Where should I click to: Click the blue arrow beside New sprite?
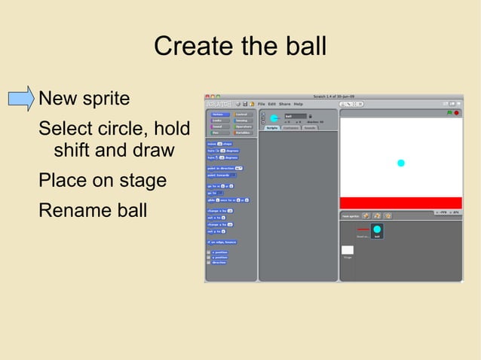pyautogui.click(x=21, y=99)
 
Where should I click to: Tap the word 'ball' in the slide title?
pyautogui.click(x=306, y=47)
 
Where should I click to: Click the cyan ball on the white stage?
pyautogui.click(x=401, y=163)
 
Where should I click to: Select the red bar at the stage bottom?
pyautogui.click(x=400, y=203)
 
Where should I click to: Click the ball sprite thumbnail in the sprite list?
pyautogui.click(x=376, y=230)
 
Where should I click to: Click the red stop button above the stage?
pyautogui.click(x=456, y=113)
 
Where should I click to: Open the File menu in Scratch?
pyautogui.click(x=262, y=104)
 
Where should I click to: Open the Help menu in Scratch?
pyautogui.click(x=299, y=104)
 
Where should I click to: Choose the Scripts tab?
pyautogui.click(x=272, y=128)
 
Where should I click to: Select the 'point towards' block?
pyautogui.click(x=219, y=175)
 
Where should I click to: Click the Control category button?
pyautogui.click(x=241, y=114)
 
